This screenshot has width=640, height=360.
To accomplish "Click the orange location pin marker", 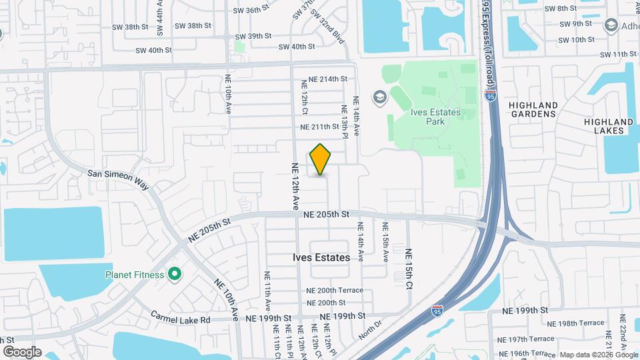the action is click(x=321, y=159).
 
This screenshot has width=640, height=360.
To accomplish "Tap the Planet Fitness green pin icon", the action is click(x=175, y=274).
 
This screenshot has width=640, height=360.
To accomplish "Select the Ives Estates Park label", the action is click(x=435, y=117).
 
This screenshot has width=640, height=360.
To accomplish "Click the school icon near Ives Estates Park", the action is click(x=379, y=98).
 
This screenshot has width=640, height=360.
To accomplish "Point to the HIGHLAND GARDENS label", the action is click(x=533, y=109).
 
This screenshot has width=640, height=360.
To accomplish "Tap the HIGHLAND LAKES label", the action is click(x=608, y=126).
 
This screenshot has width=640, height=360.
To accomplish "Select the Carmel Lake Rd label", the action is click(x=180, y=319).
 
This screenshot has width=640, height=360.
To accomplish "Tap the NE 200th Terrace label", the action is click(x=335, y=290).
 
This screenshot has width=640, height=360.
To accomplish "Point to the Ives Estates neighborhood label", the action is click(x=321, y=257).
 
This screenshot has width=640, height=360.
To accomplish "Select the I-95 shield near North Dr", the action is click(x=437, y=311).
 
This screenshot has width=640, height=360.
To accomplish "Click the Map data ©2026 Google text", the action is click(x=598, y=355).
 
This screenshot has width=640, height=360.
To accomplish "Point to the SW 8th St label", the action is click(x=560, y=8).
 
